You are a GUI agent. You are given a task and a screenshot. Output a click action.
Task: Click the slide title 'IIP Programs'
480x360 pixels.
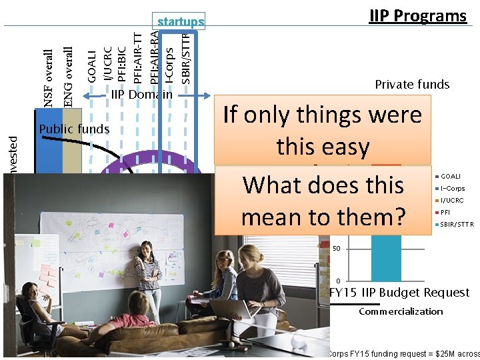click(418, 16)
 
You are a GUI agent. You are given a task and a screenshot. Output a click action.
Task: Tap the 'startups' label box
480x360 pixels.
click(180, 22)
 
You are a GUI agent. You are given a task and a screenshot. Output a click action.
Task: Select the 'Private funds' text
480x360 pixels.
click(412, 84)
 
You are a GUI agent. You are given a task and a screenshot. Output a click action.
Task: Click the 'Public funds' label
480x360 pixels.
click(74, 129)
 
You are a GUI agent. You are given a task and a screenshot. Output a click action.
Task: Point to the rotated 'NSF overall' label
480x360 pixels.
click(49, 78)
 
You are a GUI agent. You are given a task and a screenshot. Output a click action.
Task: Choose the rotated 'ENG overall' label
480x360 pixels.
click(68, 76)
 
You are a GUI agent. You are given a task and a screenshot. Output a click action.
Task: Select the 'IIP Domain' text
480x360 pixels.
click(141, 95)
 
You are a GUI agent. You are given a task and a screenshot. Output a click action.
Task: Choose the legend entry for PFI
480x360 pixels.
click(445, 212)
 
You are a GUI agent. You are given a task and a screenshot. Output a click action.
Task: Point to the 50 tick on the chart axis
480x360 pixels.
click(336, 248)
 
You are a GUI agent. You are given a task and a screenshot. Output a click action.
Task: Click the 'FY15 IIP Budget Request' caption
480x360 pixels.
click(399, 292)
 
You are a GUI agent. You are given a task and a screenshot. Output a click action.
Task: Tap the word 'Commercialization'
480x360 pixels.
click(401, 311)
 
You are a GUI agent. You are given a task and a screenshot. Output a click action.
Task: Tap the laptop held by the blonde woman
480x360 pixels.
click(225, 308)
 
